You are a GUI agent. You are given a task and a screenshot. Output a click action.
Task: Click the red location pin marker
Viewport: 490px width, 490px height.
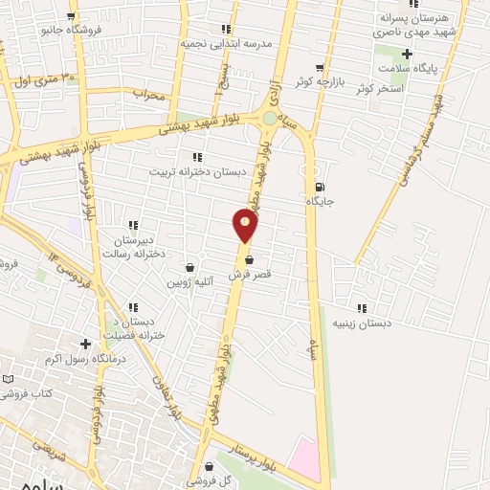pyautogui.click(x=246, y=226)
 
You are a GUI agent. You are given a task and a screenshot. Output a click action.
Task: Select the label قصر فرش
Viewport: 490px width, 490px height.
pyautogui.click(x=250, y=275)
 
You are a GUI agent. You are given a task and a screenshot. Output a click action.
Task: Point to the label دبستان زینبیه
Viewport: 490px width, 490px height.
pyautogui.click(x=362, y=323)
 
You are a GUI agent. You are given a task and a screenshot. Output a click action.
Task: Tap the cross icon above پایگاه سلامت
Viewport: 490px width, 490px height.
pyautogui.click(x=407, y=54)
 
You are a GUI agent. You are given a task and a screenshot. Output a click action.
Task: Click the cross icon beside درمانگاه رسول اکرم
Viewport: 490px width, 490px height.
pyautogui.click(x=85, y=344)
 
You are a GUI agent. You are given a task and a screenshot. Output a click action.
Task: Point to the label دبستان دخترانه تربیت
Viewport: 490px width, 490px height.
pyautogui.click(x=196, y=171)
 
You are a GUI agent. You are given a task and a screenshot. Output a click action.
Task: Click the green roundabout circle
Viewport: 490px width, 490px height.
pyautogui.click(x=271, y=119)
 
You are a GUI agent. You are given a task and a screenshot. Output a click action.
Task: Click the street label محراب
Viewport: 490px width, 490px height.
pyautogui.click(x=149, y=94)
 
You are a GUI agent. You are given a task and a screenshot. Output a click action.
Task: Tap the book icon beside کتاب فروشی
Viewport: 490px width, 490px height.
pyautogui.click(x=9, y=379)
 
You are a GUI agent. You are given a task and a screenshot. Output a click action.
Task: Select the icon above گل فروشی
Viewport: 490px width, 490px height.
pyautogui.click(x=208, y=466)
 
